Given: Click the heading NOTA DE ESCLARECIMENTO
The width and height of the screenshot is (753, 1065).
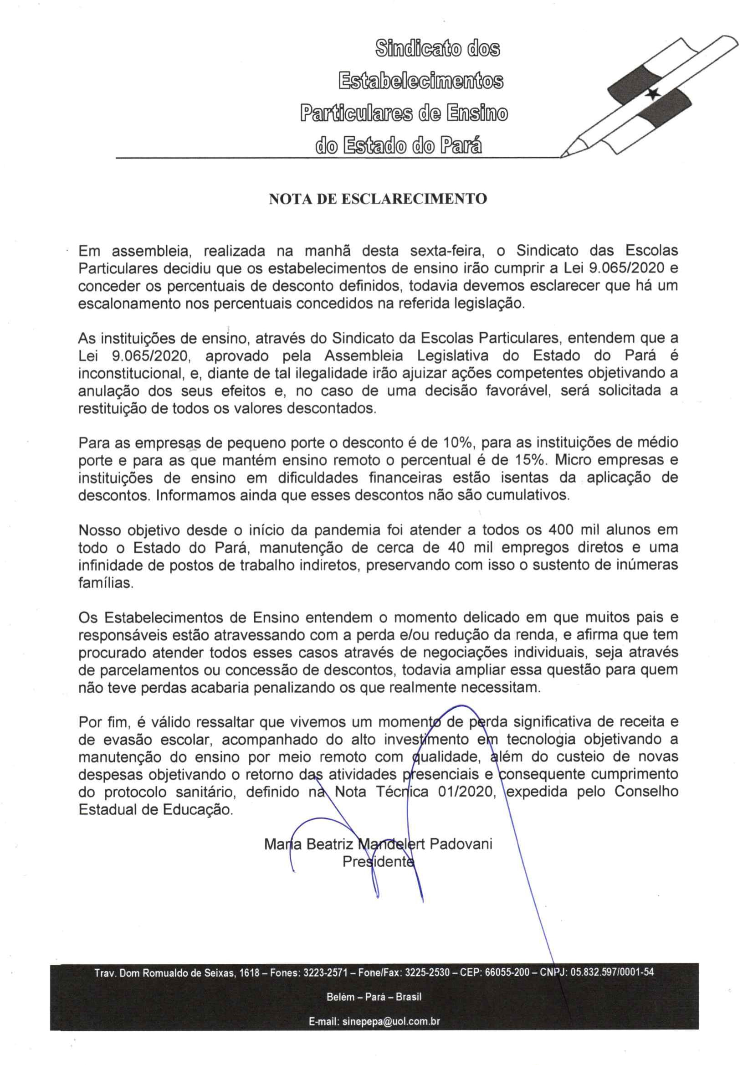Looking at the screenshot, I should click(x=378, y=199).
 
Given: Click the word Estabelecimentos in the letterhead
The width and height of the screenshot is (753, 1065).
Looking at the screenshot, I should click(x=421, y=81).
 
